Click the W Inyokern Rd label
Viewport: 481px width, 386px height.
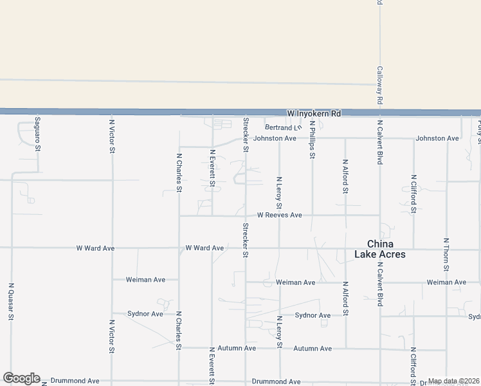pyautogui.click(x=314, y=113)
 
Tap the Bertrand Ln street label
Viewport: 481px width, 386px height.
pyautogui.click(x=283, y=127)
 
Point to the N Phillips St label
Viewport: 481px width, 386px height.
pyautogui.click(x=312, y=139)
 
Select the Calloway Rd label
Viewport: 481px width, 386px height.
pyautogui.click(x=379, y=85)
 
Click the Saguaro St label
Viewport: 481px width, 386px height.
pyautogui.click(x=38, y=134)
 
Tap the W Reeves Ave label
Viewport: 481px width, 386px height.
pyautogui.click(x=279, y=215)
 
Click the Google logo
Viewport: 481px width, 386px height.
pyautogui.click(x=21, y=378)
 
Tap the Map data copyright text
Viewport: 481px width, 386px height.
pyautogui.click(x=453, y=381)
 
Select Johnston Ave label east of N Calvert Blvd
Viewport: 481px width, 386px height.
pyautogui.click(x=437, y=138)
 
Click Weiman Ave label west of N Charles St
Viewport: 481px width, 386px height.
pyautogui.click(x=146, y=280)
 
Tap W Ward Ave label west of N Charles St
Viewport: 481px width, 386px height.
pyautogui.click(x=95, y=248)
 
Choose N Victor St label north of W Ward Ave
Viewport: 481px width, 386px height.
pyautogui.click(x=112, y=135)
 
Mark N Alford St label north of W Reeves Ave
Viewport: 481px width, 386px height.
pyautogui.click(x=345, y=176)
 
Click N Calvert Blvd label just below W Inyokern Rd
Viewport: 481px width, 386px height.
pyautogui.click(x=379, y=142)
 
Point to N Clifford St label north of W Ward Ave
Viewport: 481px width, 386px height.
pyautogui.click(x=413, y=193)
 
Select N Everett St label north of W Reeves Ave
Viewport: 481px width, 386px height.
pyautogui.click(x=212, y=168)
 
